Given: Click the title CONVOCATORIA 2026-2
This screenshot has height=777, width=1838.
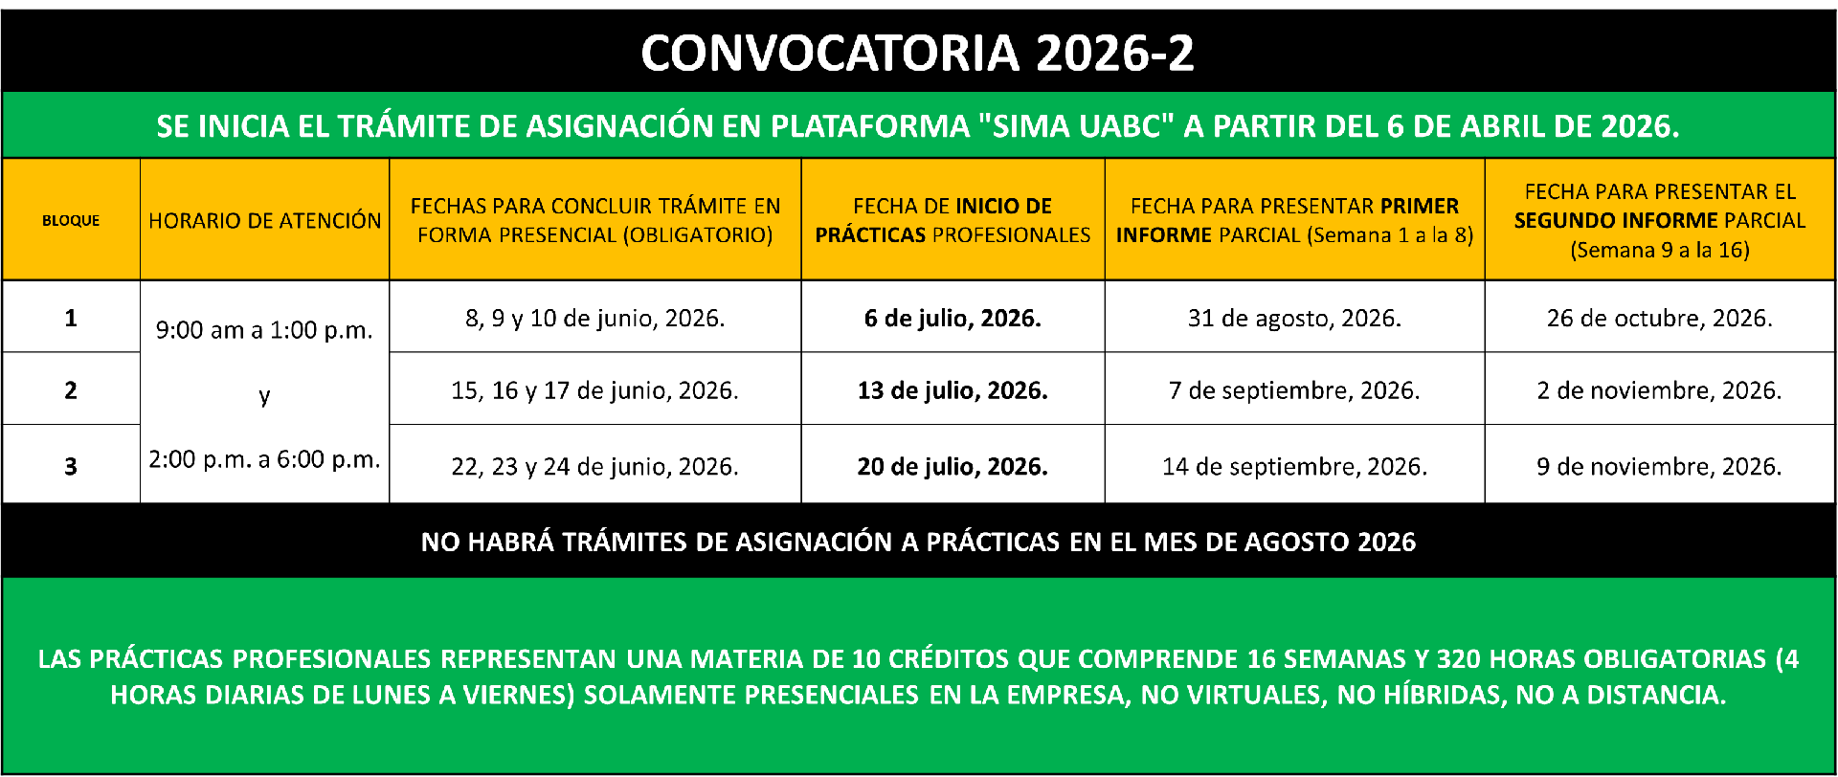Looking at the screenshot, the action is pyautogui.click(x=917, y=53).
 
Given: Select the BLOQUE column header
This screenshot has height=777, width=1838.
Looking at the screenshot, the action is pyautogui.click(x=71, y=220).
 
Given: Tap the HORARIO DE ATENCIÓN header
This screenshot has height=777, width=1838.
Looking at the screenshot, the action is pyautogui.click(x=265, y=220).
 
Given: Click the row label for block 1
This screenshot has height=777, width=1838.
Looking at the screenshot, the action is pyautogui.click(x=71, y=318).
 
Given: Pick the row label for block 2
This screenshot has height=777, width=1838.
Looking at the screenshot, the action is pyautogui.click(x=71, y=390).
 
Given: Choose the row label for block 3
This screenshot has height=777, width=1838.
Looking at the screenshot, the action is pyautogui.click(x=71, y=466).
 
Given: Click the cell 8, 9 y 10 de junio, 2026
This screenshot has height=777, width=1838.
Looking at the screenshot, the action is pyautogui.click(x=594, y=319).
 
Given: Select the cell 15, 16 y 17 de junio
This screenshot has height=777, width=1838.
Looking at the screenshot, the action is pyautogui.click(x=594, y=391).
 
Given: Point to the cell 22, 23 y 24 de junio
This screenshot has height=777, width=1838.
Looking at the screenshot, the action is pyautogui.click(x=594, y=467).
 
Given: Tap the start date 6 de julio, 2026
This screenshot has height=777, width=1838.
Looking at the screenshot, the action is pyautogui.click(x=953, y=319).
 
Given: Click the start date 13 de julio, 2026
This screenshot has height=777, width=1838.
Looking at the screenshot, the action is pyautogui.click(x=953, y=391).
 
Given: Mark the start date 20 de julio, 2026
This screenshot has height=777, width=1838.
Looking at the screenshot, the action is pyautogui.click(x=953, y=467).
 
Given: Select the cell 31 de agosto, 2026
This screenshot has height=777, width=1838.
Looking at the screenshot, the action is pyautogui.click(x=1294, y=319).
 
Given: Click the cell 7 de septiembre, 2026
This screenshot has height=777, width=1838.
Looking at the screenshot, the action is pyautogui.click(x=1294, y=391).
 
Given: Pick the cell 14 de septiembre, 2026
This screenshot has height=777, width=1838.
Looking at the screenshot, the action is pyautogui.click(x=1294, y=467).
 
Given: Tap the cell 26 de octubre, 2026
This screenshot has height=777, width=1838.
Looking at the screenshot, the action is pyautogui.click(x=1660, y=319).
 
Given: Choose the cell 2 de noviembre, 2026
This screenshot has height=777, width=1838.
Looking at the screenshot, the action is pyautogui.click(x=1660, y=391).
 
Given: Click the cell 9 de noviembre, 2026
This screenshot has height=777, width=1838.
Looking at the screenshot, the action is pyautogui.click(x=1660, y=467).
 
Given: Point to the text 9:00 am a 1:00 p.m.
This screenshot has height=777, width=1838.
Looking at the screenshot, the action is pyautogui.click(x=264, y=331).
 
